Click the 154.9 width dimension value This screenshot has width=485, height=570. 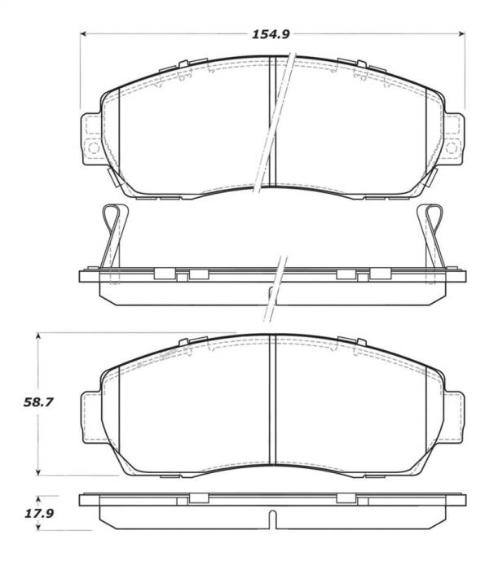272,33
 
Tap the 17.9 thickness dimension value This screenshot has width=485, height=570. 31,513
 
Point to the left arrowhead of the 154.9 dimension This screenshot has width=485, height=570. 83,33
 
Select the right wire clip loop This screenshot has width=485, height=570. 430,220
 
